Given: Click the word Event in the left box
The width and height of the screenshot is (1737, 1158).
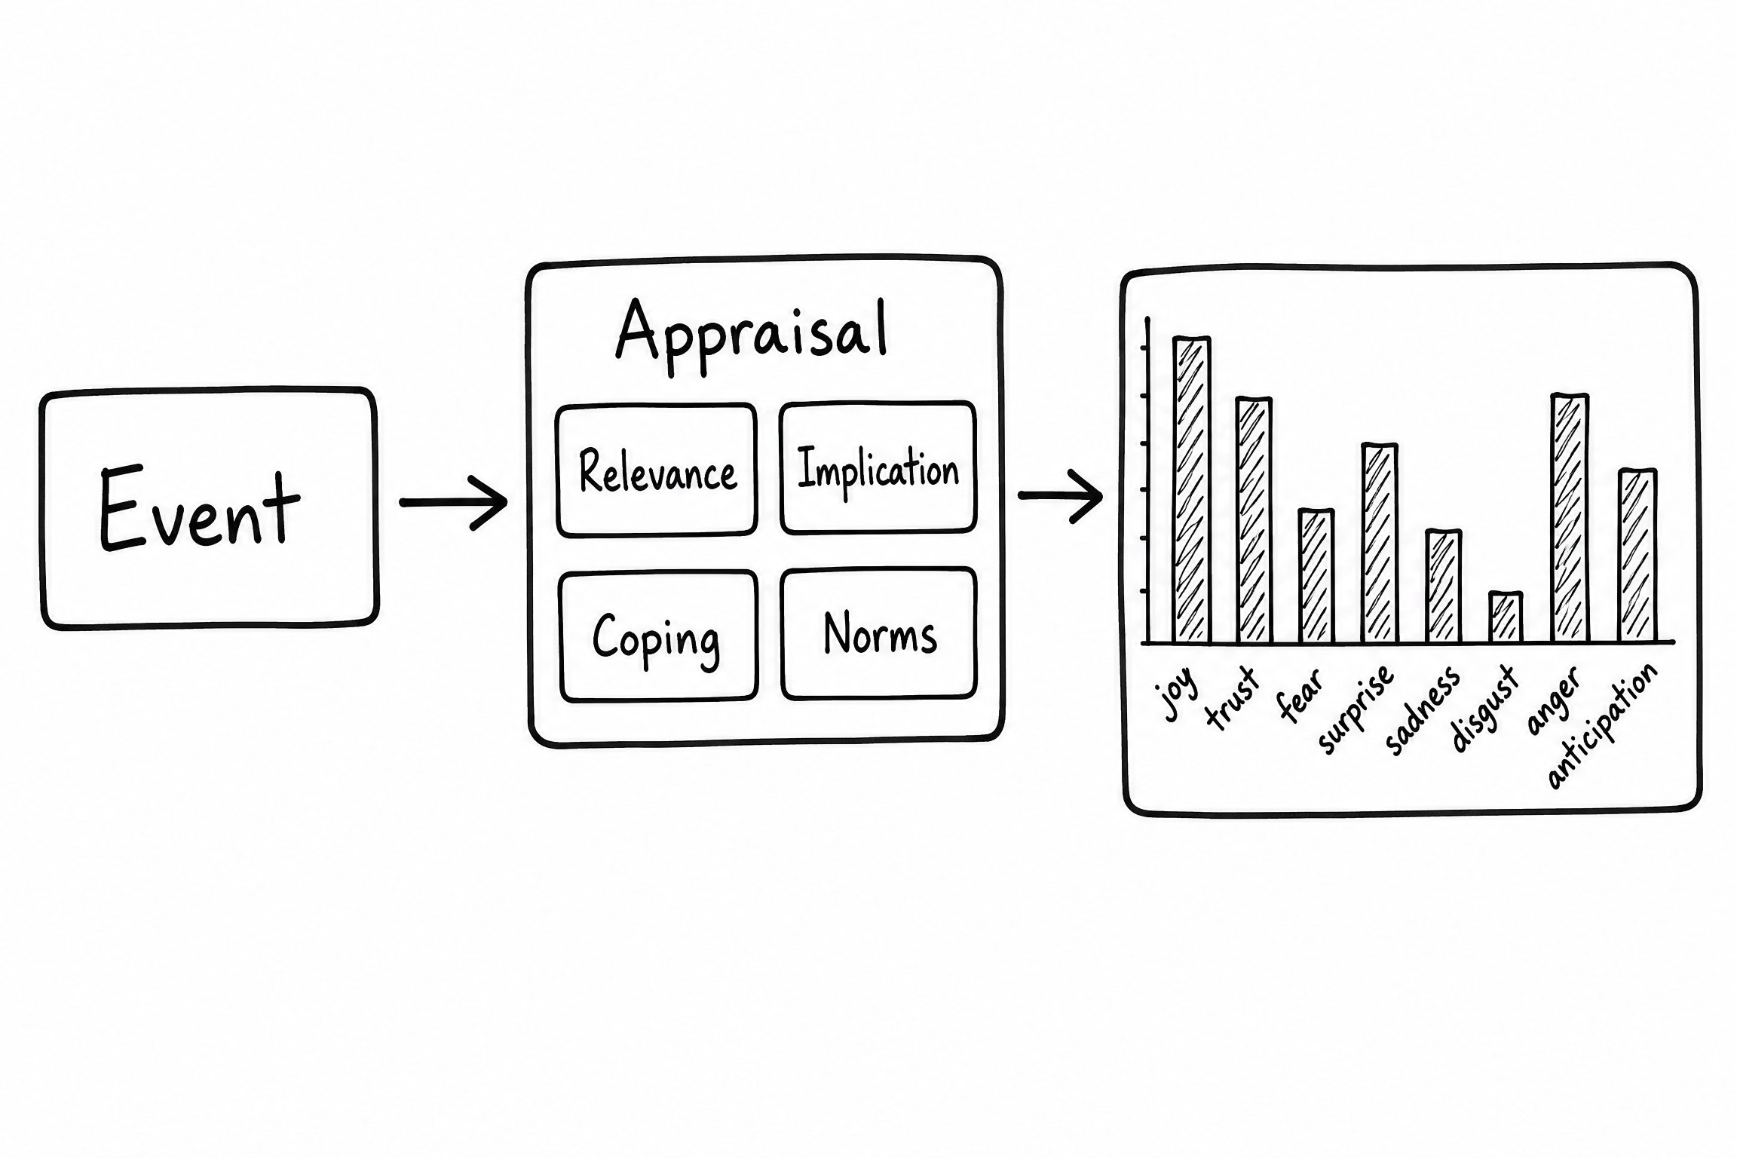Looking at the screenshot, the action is click(x=200, y=508).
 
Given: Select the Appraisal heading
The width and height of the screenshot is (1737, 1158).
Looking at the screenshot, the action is click(x=752, y=336).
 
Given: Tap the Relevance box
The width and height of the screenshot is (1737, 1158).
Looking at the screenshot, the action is click(x=657, y=470).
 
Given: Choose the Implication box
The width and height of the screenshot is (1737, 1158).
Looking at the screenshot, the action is click(x=878, y=468).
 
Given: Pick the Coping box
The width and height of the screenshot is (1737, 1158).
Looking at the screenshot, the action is click(x=658, y=636).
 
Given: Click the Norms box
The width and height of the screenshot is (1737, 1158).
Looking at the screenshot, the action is click(x=879, y=634).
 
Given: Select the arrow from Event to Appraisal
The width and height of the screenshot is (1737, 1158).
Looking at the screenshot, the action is click(x=454, y=502).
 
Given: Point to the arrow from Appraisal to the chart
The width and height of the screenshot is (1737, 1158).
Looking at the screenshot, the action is click(x=1060, y=495).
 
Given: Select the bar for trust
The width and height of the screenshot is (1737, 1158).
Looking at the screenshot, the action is click(x=1254, y=520).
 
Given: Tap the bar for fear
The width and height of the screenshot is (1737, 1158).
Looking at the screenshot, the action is click(x=1316, y=577).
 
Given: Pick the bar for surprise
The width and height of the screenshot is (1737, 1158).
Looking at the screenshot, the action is click(x=1380, y=544).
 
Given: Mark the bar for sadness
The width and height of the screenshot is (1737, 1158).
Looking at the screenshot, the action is click(x=1444, y=587).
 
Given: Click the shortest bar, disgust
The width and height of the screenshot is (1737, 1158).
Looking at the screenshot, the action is click(x=1506, y=617).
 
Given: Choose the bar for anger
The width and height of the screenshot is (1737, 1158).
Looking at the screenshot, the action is click(x=1570, y=519).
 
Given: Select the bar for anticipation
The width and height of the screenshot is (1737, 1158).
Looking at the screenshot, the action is click(x=1637, y=556).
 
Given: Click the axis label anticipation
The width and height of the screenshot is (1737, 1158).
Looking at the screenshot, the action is click(x=1603, y=726).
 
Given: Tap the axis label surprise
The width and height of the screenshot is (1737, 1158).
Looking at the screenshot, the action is click(x=1355, y=709).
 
